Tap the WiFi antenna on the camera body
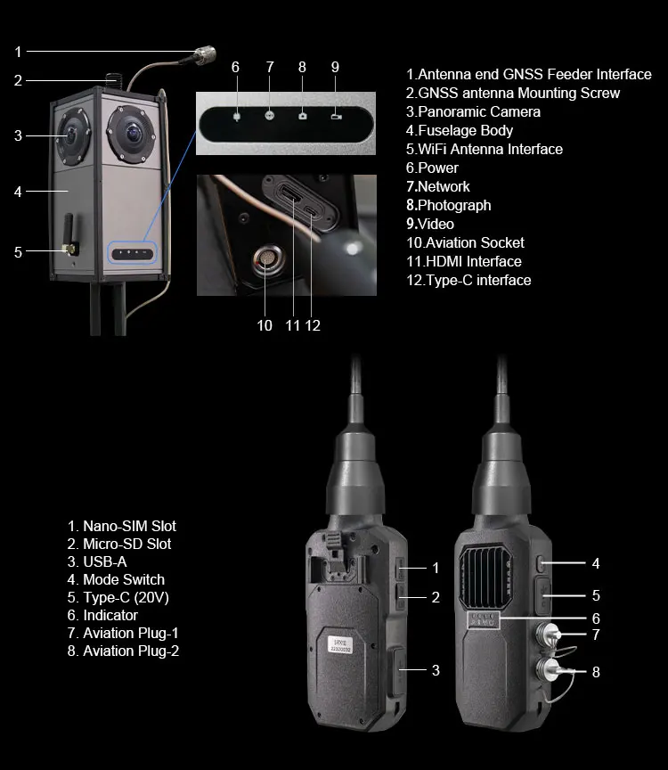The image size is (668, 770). [x=69, y=234]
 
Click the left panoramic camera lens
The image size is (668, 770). [x=73, y=136]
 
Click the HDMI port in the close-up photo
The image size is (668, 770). [x=290, y=193]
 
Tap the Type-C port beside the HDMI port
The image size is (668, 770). [x=312, y=211]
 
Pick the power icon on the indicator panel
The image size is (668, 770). [x=237, y=117]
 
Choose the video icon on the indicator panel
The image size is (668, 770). [x=336, y=117]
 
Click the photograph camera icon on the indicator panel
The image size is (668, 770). [x=303, y=116]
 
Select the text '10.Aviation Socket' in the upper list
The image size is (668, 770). [x=465, y=242]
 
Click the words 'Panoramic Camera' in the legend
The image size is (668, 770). [x=479, y=111]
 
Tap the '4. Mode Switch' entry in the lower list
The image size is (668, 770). [x=116, y=579]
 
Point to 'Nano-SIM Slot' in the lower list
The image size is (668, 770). [x=129, y=526]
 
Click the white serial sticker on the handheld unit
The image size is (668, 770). [x=340, y=644]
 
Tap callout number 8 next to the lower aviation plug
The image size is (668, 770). [x=596, y=672]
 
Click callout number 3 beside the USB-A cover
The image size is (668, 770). [x=436, y=670]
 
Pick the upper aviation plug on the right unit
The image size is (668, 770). [x=547, y=634]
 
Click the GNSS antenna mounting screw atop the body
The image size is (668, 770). [x=113, y=79]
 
